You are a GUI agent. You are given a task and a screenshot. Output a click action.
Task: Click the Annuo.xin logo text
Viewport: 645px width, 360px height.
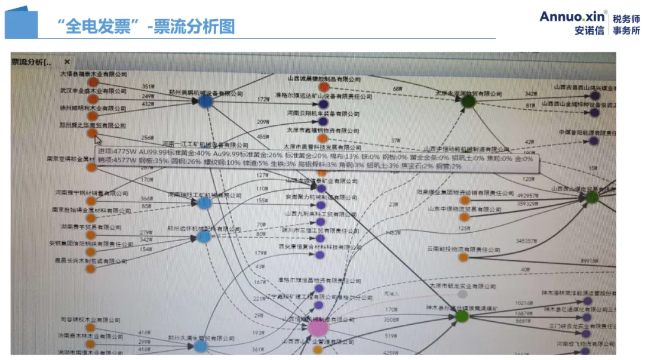pos(573,16)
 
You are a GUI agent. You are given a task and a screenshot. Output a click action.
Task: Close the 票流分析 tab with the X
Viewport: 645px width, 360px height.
pos(67,61)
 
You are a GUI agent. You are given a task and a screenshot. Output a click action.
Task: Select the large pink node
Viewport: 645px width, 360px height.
pos(318,327)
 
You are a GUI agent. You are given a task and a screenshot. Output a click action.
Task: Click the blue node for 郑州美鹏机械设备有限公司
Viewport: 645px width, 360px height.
pos(205,101)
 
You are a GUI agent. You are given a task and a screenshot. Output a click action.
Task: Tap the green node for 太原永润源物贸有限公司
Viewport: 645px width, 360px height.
pos(469,101)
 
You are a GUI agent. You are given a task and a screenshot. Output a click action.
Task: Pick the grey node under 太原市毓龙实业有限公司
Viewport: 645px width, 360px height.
pos(462,294)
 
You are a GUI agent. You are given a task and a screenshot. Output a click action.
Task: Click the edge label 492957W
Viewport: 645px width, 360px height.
pos(529,195)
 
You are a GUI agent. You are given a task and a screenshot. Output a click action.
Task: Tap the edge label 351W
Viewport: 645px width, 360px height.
pos(148,87)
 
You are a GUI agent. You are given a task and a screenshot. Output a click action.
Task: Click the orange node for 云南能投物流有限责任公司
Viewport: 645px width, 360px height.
pos(463,257)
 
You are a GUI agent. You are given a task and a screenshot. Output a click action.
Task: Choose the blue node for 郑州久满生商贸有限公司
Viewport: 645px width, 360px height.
pos(201,346)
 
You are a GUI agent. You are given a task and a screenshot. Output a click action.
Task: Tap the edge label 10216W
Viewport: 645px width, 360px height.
pos(524,303)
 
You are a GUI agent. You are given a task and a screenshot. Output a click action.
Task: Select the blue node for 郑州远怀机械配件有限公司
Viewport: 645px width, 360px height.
pos(204,237)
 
